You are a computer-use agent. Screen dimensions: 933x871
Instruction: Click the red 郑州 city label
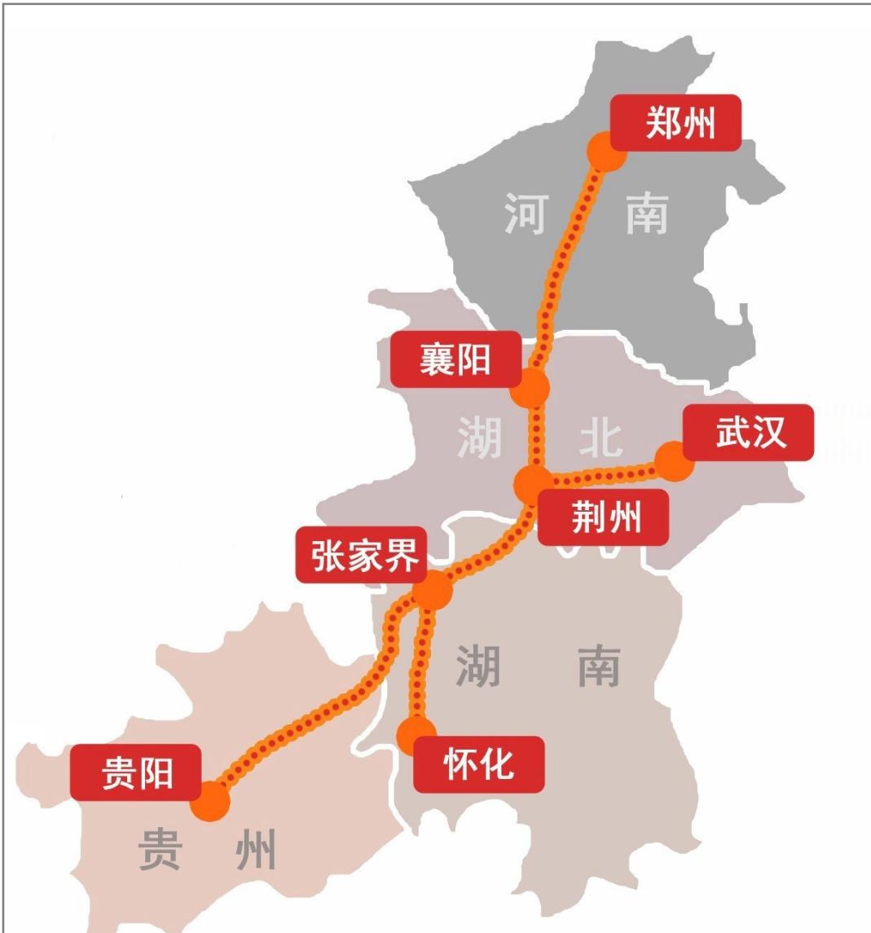coord(675,123)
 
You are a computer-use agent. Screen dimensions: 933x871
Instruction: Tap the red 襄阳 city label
coord(455,359)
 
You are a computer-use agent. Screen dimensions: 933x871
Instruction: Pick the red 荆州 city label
coord(604,517)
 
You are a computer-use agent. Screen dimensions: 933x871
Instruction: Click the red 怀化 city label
coord(478,764)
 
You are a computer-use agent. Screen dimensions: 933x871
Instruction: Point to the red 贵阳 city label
coord(135,772)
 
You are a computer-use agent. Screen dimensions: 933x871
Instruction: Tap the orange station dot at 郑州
coord(606,151)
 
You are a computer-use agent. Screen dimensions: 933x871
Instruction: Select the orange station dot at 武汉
coord(675,462)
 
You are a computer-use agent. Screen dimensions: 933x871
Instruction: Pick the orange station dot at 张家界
coord(432,589)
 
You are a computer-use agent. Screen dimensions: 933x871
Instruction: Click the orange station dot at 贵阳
coord(210,800)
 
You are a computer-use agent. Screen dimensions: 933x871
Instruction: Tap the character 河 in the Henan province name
coord(526,214)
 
